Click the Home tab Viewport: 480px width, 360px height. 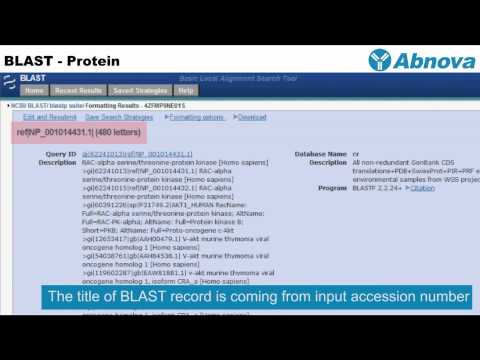(33, 90)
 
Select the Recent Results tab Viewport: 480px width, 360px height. (76, 90)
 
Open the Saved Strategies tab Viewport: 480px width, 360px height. (139, 90)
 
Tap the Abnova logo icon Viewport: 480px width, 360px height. (382, 59)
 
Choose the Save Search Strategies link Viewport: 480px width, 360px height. (120, 117)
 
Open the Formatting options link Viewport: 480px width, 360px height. (196, 117)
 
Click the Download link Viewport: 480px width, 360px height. (252, 117)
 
